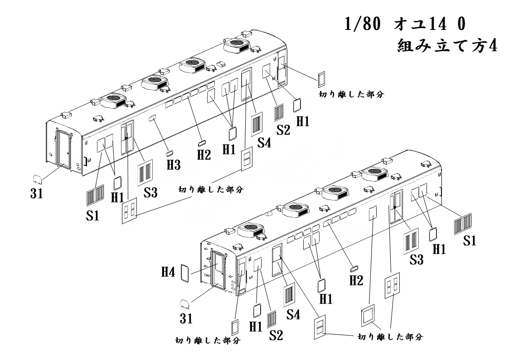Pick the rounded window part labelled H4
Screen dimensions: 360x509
(185, 273)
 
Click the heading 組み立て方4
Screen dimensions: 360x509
(446, 46)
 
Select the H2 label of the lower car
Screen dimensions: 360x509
(356, 280)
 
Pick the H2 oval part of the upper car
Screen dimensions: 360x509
(202, 143)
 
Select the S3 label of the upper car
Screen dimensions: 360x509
(151, 193)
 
